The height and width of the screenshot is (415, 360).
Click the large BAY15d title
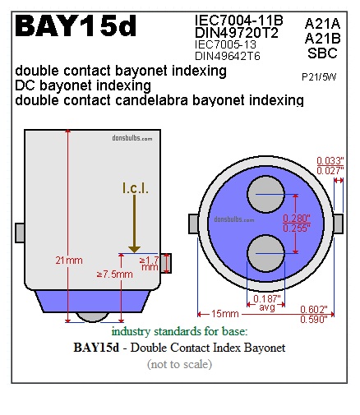(76, 26)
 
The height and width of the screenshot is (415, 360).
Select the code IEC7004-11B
(239, 21)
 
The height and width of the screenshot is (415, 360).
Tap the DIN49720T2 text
(237, 33)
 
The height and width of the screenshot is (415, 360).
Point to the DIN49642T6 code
(228, 56)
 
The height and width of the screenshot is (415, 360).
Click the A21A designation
(322, 24)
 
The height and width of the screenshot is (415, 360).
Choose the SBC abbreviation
(322, 53)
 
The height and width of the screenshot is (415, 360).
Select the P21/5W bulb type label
(319, 77)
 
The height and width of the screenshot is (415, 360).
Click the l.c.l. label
(136, 188)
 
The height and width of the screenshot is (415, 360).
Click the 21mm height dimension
(69, 261)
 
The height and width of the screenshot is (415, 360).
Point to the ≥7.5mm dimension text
(115, 274)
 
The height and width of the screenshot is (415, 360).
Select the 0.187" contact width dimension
(267, 298)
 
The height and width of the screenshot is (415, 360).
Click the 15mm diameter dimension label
(225, 314)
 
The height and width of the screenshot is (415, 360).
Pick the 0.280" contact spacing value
(297, 219)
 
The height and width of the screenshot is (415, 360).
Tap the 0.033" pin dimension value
(330, 160)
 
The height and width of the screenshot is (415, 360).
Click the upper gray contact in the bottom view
(266, 194)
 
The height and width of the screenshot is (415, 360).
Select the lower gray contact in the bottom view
(266, 253)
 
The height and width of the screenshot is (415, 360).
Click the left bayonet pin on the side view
(20, 233)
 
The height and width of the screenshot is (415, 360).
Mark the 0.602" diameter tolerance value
(314, 310)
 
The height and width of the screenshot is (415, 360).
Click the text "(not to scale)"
(179, 364)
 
